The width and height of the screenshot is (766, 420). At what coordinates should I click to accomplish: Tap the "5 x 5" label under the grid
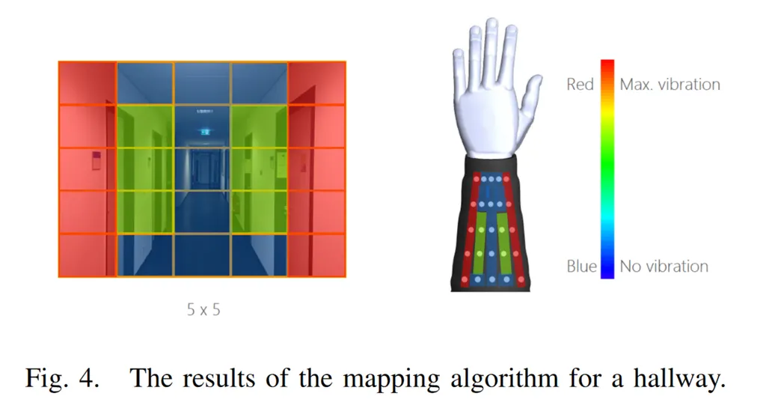point(203,308)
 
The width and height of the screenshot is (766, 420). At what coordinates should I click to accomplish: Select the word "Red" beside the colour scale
point(580,85)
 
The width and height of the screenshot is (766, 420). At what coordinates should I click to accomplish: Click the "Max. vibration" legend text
point(670,85)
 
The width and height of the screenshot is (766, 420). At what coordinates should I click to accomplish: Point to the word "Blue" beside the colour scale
point(582,266)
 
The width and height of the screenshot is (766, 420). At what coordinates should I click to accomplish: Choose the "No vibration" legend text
point(664,266)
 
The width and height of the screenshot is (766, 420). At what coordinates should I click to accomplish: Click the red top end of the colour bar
point(607,65)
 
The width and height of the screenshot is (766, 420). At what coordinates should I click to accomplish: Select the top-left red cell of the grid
point(88,83)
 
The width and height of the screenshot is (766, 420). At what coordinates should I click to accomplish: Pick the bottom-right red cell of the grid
point(317,255)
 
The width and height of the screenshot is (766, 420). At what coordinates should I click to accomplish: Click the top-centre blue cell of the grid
point(202,83)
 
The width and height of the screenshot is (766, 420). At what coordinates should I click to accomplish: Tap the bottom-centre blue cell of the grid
point(202,255)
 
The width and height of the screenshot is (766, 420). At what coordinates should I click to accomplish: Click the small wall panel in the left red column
point(96,160)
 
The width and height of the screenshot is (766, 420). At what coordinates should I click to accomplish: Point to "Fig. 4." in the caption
point(61,378)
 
